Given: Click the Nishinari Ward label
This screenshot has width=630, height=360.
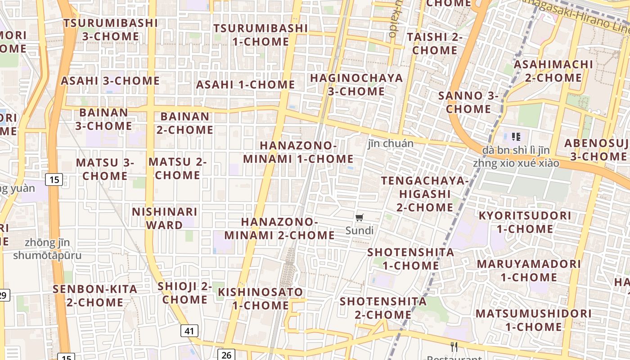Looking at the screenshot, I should [x=164, y=218].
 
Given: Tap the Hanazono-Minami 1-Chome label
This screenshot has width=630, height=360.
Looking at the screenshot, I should [x=298, y=152].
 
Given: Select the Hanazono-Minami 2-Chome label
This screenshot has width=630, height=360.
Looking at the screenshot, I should [x=279, y=229].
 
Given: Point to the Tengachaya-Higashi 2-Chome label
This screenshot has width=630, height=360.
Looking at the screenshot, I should [x=425, y=194].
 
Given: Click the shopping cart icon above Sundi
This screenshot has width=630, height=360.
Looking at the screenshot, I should [x=359, y=218].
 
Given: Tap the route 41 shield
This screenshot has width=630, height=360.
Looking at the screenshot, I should [x=189, y=331].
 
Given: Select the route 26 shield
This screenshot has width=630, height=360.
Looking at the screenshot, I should [x=226, y=355].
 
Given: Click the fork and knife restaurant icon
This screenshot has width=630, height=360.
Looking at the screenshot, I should [x=454, y=346].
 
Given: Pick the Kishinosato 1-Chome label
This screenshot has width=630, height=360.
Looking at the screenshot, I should [x=261, y=298].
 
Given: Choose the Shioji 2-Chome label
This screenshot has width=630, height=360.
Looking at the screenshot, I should [x=184, y=292].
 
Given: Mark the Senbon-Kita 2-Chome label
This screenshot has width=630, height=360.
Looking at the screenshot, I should [x=95, y=296].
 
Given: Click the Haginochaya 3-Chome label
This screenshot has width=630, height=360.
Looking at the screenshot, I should [x=356, y=85].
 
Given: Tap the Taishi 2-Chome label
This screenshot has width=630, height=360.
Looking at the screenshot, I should [x=435, y=43].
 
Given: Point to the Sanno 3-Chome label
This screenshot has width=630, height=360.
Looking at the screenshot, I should [x=468, y=102].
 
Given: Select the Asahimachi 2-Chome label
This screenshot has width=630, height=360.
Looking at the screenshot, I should [x=553, y=71].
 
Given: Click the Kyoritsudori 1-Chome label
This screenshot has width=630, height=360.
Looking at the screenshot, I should [x=525, y=222].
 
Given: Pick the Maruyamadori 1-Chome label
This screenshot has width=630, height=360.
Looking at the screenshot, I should [x=529, y=270].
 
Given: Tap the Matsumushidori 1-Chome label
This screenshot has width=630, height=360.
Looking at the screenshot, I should [x=534, y=320].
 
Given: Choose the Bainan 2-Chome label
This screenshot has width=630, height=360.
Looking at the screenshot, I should [x=184, y=123].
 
